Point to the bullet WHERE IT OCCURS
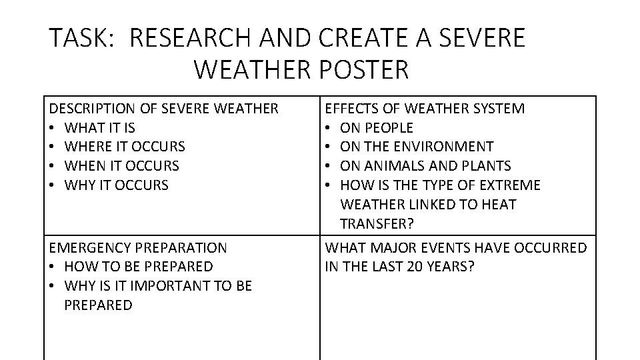click(125, 147)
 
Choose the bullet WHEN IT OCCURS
click(122, 165)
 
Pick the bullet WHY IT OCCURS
click(117, 185)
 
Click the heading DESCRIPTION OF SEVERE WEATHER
click(164, 108)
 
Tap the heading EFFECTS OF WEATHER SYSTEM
click(424, 108)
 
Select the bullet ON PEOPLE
click(377, 127)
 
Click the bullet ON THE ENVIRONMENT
click(417, 147)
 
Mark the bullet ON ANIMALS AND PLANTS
click(425, 165)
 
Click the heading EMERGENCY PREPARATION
click(138, 248)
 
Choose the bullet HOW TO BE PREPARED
click(139, 267)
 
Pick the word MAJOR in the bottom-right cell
click(391, 248)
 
